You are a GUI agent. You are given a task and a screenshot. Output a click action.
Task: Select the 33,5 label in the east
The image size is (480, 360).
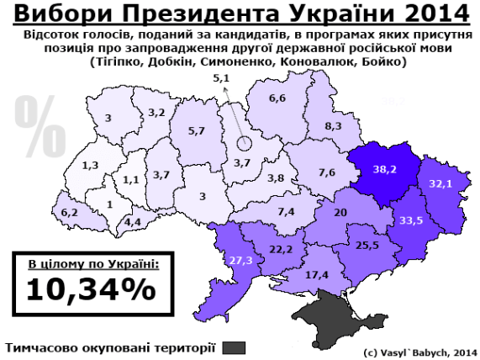click(410, 220)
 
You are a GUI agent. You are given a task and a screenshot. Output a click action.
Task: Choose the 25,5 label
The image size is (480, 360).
click(368, 246)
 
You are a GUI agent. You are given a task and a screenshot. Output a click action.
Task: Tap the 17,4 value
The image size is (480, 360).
click(318, 274)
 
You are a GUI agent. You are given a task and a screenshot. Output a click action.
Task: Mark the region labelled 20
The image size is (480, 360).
click(340, 214)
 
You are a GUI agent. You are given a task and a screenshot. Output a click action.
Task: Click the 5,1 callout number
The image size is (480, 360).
click(221, 78)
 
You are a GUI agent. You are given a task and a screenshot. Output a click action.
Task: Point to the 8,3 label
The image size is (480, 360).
click(333, 125)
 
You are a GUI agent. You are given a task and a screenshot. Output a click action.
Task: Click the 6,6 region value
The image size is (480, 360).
click(277, 98)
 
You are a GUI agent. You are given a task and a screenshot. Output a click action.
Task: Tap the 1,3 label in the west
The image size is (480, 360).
click(91, 165)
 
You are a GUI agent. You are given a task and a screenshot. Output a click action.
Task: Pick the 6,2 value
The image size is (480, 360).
click(69, 213)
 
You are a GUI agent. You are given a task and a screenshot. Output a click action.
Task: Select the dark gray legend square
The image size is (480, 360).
click(235, 347)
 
